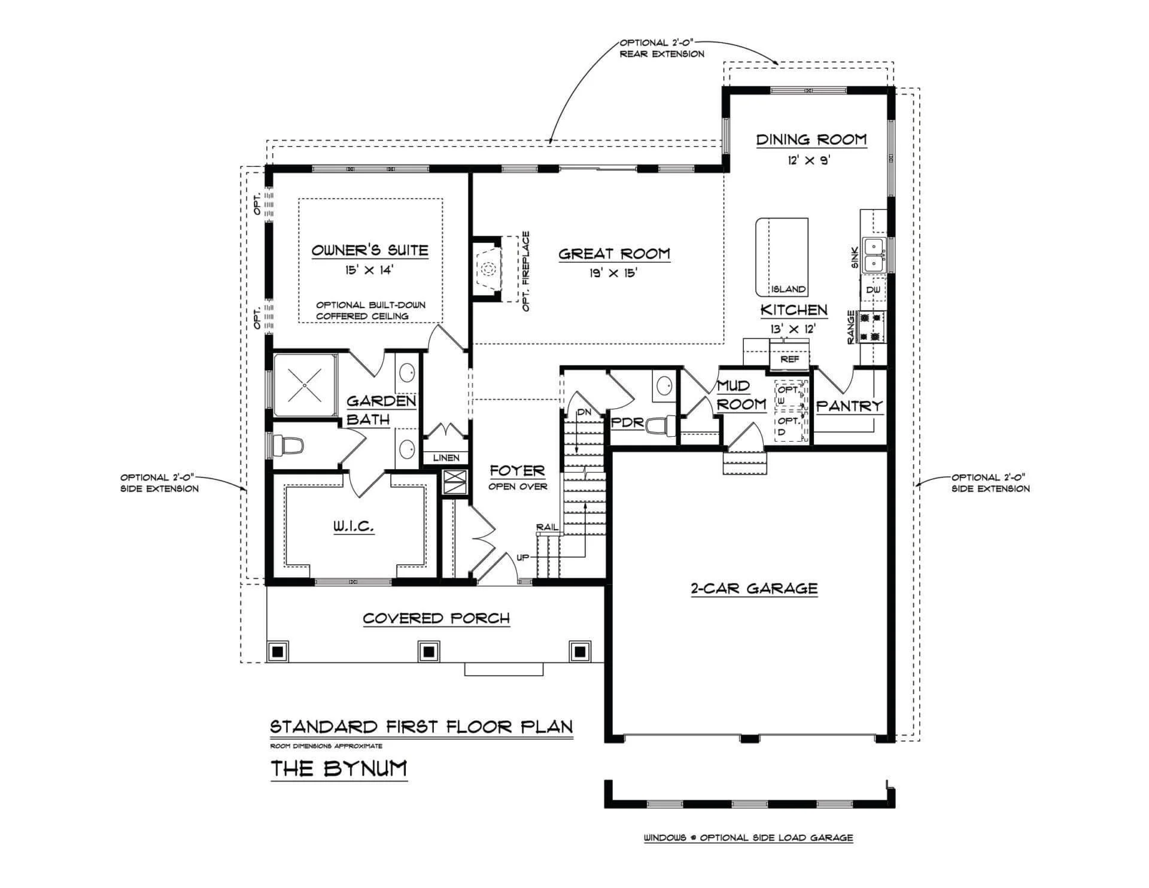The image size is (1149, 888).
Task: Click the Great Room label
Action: (615, 254)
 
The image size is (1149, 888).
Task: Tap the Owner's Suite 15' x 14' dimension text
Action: (369, 270)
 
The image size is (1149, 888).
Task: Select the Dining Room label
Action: (811, 139)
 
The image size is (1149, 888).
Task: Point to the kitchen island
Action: (782, 257)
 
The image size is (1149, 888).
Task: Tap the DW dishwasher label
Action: (873, 290)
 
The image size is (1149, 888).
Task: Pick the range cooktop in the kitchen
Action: (873, 327)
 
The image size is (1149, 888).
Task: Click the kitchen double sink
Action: (874, 254)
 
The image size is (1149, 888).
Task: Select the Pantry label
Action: (850, 406)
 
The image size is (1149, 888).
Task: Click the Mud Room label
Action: (741, 395)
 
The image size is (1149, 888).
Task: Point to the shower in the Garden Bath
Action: (305, 385)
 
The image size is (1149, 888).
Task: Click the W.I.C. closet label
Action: (354, 527)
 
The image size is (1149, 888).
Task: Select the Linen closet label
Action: (446, 458)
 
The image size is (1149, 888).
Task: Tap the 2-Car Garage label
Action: (754, 588)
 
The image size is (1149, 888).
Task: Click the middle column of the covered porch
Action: (428, 650)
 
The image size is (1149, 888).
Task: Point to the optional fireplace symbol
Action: (487, 269)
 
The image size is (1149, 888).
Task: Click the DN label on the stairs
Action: (584, 412)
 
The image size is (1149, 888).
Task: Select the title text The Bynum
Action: (339, 768)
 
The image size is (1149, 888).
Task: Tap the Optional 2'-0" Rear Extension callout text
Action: (662, 48)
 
